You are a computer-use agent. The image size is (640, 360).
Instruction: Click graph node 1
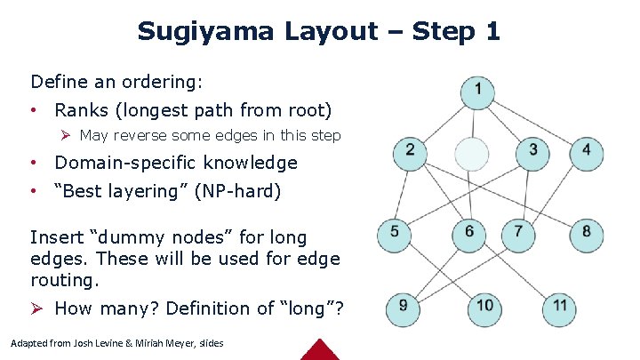478,90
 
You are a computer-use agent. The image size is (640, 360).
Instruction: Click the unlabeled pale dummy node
472,153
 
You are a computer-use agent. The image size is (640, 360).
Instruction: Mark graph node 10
484,307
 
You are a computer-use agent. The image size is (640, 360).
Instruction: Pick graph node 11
559,307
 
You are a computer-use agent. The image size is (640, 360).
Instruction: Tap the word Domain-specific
126,164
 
